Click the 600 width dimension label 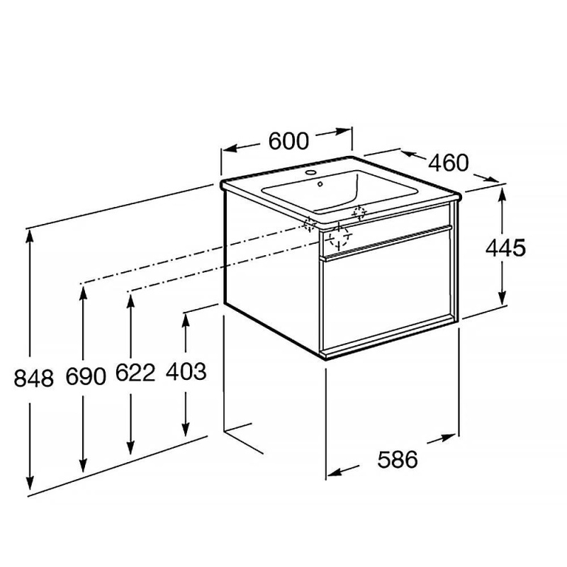288,141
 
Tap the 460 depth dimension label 449,163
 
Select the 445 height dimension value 505,248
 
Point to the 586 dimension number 398,459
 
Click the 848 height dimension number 33,378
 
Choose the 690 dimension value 86,376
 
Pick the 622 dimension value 135,373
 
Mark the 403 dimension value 186,371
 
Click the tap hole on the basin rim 310,172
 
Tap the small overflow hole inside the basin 320,184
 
